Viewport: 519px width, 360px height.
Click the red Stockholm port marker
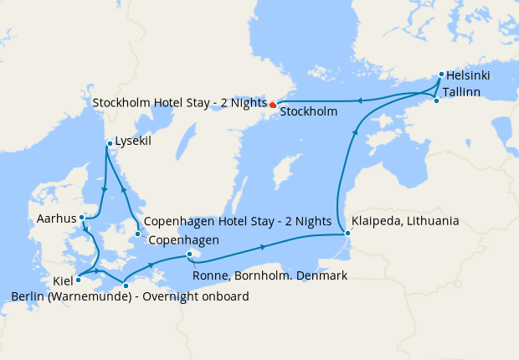[x=272, y=105]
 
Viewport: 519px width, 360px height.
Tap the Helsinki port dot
[x=440, y=75]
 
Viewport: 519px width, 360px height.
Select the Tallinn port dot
[x=436, y=100]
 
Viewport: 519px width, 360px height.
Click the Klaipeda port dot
[x=347, y=234]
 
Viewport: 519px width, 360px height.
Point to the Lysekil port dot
[x=109, y=145]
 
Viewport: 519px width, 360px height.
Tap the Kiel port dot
[x=78, y=280]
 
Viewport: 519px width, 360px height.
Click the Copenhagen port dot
[x=137, y=234]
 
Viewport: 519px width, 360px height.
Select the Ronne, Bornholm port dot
[x=190, y=255]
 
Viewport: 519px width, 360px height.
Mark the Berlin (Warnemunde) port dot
[x=126, y=286]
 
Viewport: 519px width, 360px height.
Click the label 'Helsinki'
[x=468, y=75]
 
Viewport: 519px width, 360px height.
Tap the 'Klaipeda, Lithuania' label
[x=405, y=222]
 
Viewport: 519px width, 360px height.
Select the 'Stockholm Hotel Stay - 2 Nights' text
[x=179, y=104]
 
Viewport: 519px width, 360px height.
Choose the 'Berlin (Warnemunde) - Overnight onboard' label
[x=130, y=296]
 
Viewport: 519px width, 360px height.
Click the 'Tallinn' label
[x=462, y=91]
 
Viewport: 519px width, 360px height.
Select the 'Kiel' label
[x=62, y=281]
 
